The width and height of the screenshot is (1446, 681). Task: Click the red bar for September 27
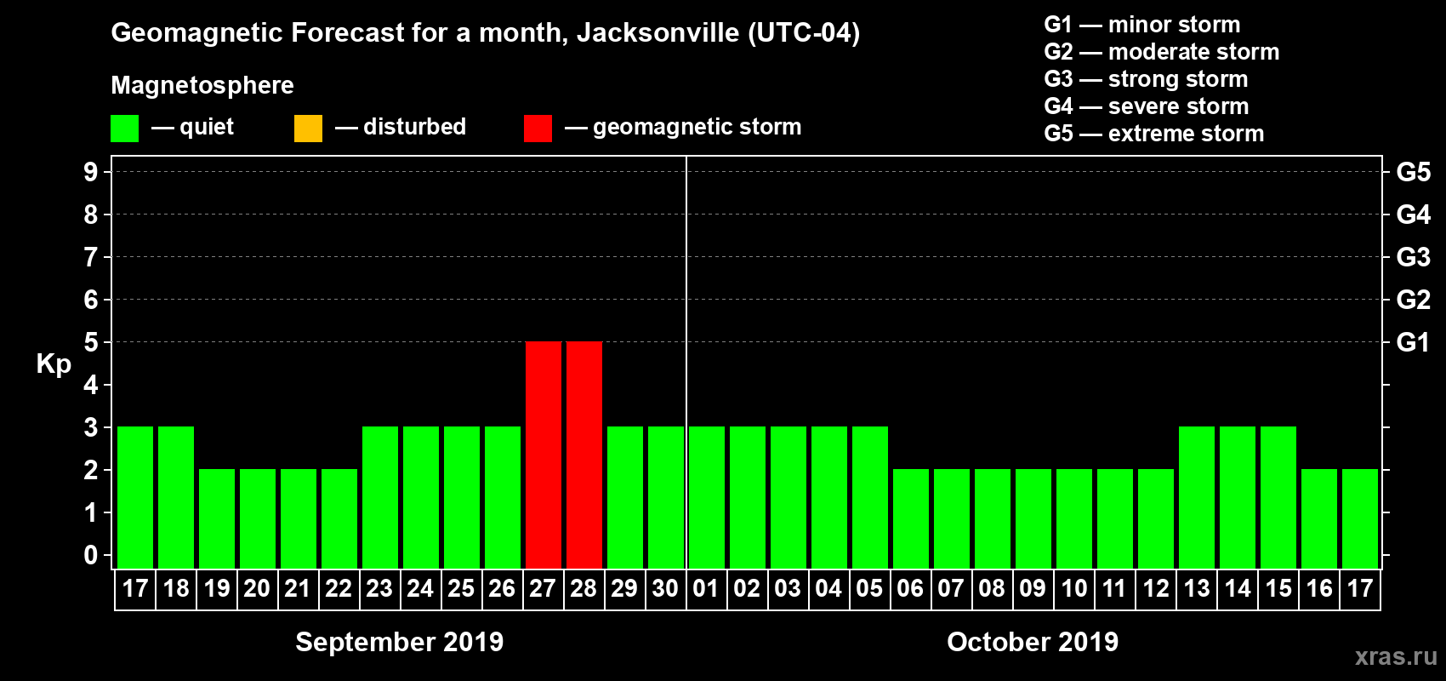click(543, 455)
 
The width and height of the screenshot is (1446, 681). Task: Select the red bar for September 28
click(584, 455)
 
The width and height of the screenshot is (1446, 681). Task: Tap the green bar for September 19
click(217, 518)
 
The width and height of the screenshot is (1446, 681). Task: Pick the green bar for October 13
click(1197, 497)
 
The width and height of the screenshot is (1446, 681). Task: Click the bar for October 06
click(911, 518)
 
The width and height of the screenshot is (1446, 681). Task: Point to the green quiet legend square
click(124, 129)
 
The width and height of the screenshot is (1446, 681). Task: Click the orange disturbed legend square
click(308, 129)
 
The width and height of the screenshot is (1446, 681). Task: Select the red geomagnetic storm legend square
click(538, 129)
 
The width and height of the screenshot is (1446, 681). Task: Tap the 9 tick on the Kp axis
click(91, 172)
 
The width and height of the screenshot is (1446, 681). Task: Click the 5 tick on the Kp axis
click(91, 342)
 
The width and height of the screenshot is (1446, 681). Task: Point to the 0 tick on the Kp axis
click(91, 555)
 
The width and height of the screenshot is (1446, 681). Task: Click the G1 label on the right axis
click(1413, 342)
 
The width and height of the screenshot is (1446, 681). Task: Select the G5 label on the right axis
click(1413, 172)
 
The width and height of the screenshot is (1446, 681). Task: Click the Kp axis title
click(54, 364)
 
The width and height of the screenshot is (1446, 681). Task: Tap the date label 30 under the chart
click(665, 588)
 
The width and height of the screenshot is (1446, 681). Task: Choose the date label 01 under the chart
click(706, 588)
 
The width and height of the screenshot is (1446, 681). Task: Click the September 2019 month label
click(399, 642)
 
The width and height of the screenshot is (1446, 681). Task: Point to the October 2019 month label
click(1033, 642)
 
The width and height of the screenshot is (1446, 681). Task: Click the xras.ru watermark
click(1396, 656)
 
